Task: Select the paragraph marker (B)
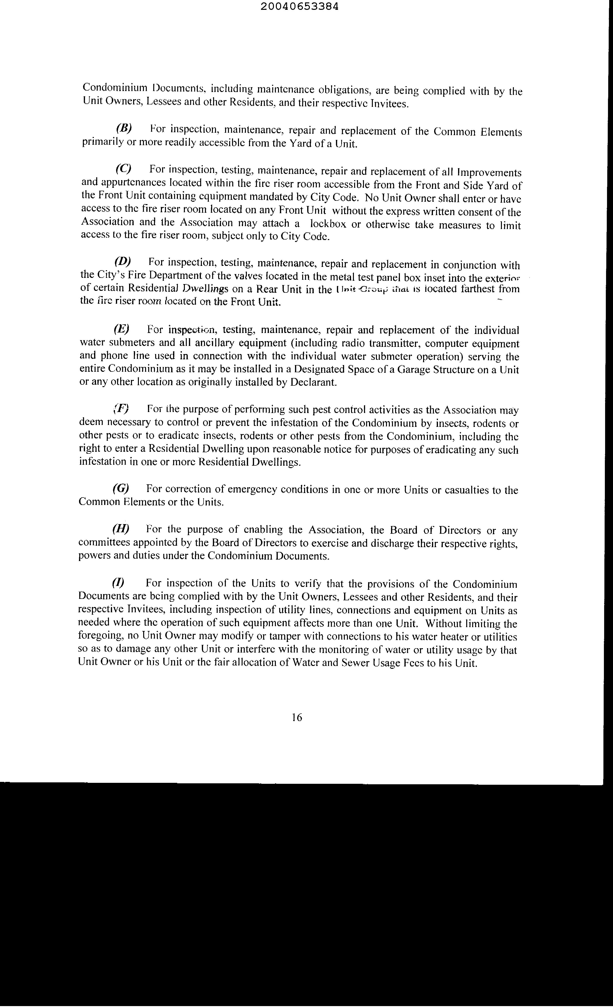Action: [x=124, y=128]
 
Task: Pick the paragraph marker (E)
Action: [x=121, y=328]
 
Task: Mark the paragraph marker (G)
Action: [x=121, y=488]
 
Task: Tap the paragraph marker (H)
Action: [x=121, y=528]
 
